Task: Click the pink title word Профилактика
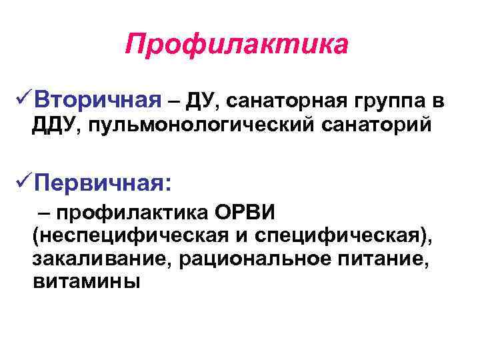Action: pyautogui.click(x=237, y=46)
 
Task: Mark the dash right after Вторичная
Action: pyautogui.click(x=174, y=101)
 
